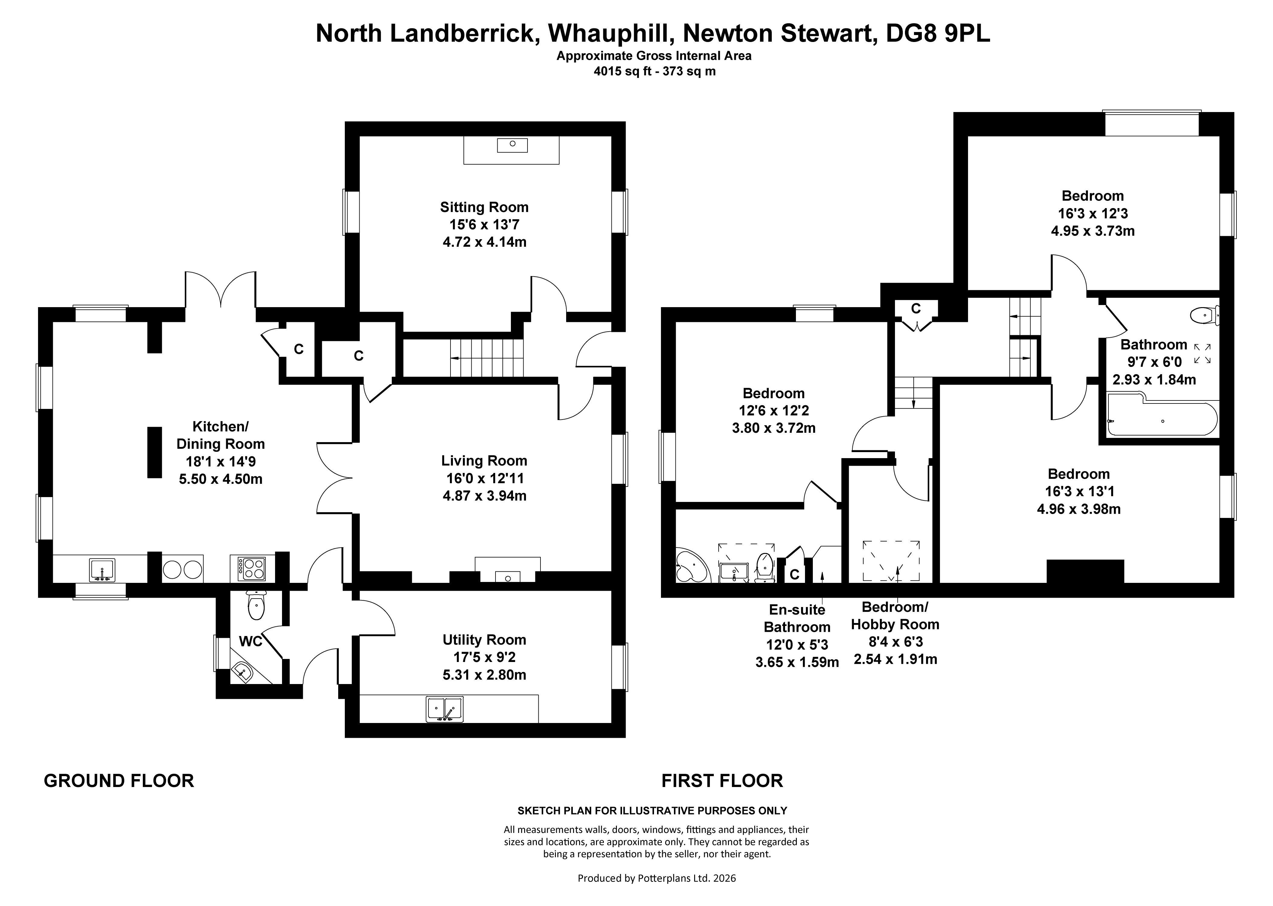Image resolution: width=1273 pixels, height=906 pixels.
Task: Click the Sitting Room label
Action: click(484, 207)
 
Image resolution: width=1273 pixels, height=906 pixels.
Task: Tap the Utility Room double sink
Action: click(444, 708)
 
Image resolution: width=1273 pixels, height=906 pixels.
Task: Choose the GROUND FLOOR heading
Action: click(119, 780)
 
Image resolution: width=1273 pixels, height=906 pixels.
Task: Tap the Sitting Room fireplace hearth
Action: click(511, 149)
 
